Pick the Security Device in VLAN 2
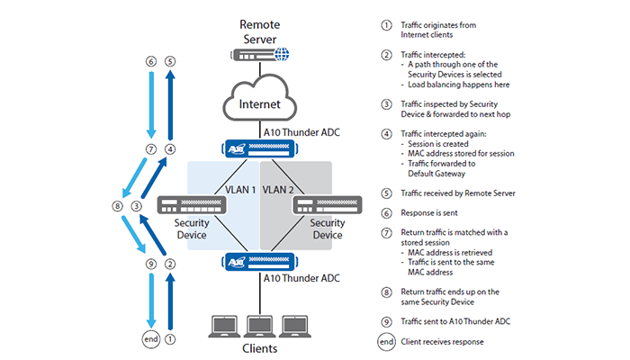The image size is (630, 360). click(x=320, y=205)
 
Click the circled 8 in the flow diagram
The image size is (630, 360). click(x=116, y=206)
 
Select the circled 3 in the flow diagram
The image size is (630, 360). click(x=136, y=206)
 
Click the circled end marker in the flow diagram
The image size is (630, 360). click(x=150, y=339)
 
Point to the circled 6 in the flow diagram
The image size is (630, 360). click(x=150, y=62)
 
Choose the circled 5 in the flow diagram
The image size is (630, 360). click(x=170, y=62)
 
